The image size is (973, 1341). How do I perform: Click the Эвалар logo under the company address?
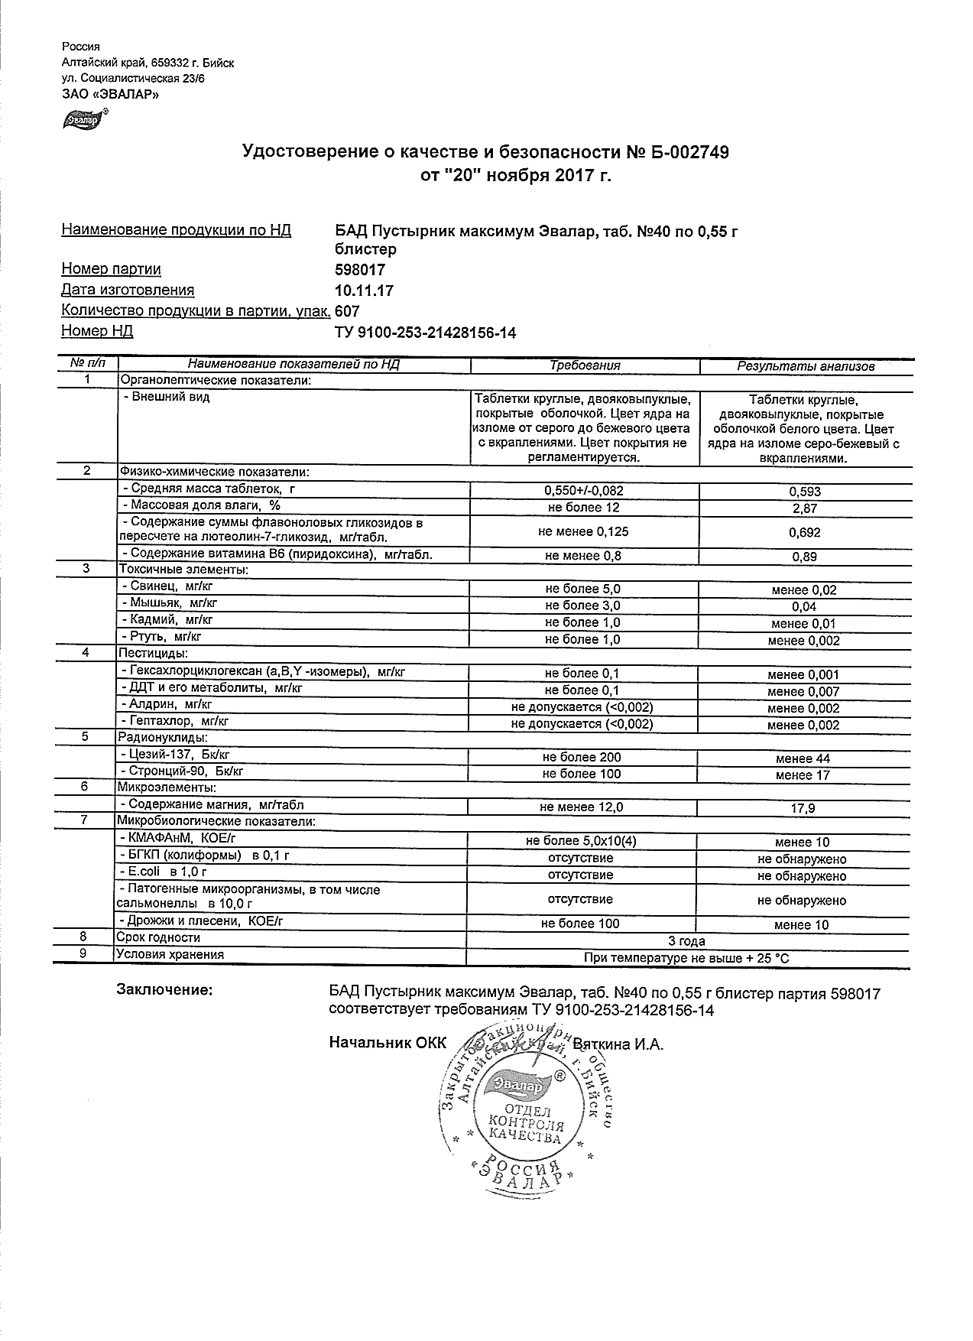(x=83, y=120)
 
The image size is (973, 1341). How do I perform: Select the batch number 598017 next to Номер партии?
(x=360, y=270)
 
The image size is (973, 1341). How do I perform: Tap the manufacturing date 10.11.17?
(x=365, y=291)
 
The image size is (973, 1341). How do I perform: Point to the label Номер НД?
(x=97, y=331)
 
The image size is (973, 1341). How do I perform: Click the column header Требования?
(x=585, y=365)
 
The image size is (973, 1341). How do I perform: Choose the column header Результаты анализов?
(x=805, y=366)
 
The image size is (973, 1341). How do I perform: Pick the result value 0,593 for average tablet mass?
(x=805, y=492)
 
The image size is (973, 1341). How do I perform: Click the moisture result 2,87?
(x=805, y=508)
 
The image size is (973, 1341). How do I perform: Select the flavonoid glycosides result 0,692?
(x=805, y=532)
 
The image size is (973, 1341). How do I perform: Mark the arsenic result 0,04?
(x=805, y=607)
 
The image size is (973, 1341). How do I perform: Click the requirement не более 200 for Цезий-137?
(x=582, y=757)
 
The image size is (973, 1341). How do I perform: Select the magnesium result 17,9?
(x=805, y=808)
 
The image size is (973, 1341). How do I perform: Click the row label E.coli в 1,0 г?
(x=163, y=872)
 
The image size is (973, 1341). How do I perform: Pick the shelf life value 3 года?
(x=686, y=941)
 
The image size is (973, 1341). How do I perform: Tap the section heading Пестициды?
(x=152, y=653)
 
